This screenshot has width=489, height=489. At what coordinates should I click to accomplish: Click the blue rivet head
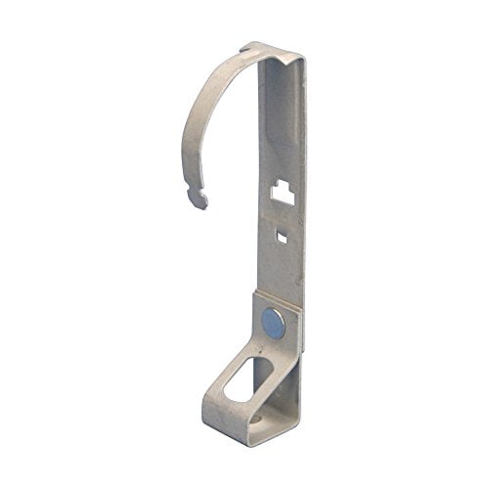(275, 321)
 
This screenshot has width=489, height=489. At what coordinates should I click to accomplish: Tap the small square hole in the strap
(282, 235)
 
